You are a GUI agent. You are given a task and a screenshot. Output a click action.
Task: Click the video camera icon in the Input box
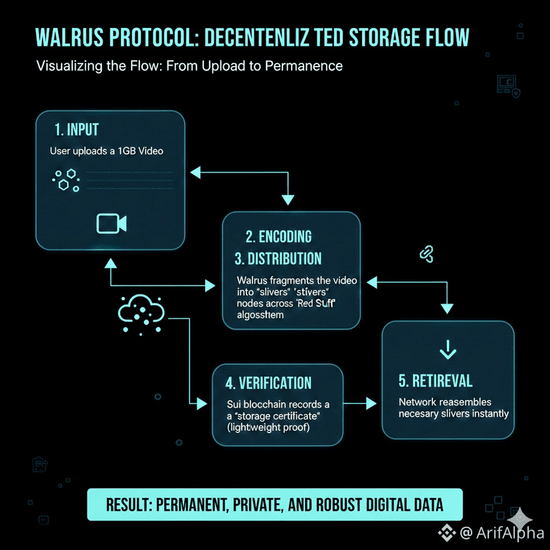(111, 223)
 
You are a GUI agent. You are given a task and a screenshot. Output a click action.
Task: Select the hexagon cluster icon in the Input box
(65, 179)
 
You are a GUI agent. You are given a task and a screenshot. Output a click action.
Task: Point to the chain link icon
(426, 253)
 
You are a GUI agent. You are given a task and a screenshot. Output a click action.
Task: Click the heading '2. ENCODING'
(278, 236)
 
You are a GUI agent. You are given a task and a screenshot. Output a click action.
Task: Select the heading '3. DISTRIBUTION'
(278, 258)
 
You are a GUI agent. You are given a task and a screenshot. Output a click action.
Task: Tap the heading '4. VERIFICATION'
(268, 383)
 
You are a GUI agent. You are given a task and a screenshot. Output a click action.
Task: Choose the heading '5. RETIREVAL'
(436, 381)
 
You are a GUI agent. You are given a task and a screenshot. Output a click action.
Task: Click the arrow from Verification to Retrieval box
(361, 403)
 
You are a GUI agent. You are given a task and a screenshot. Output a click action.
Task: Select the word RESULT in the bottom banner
(128, 505)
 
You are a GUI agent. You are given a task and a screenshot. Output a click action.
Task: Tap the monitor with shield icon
(507, 85)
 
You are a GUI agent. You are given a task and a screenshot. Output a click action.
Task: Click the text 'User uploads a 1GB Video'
(106, 151)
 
